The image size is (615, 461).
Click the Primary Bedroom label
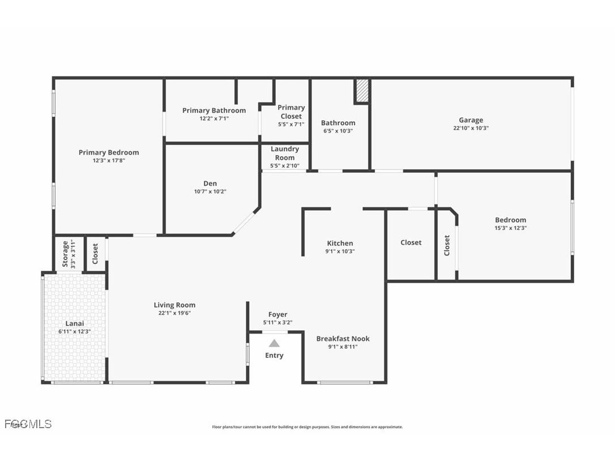(x=108, y=152)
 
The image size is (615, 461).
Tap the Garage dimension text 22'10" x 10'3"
(x=471, y=128)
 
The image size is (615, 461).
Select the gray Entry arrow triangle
(x=274, y=343)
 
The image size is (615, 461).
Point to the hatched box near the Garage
(x=362, y=91)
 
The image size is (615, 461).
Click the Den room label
(x=210, y=183)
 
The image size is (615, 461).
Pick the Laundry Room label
(x=285, y=153)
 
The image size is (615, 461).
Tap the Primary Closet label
(x=291, y=112)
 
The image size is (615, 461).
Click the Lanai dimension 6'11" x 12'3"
(x=75, y=331)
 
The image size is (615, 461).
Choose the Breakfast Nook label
(x=343, y=339)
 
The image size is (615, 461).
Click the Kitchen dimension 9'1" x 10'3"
(x=340, y=251)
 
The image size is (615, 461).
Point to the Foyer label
(x=277, y=314)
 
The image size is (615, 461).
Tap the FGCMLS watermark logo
(x=28, y=424)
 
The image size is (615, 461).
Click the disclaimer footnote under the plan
(x=307, y=427)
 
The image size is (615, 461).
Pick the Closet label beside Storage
(x=95, y=253)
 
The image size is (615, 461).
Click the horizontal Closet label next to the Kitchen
(x=411, y=242)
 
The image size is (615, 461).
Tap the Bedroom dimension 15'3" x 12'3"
(x=510, y=228)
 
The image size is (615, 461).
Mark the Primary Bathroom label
(x=214, y=110)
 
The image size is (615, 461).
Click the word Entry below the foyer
(x=274, y=356)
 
